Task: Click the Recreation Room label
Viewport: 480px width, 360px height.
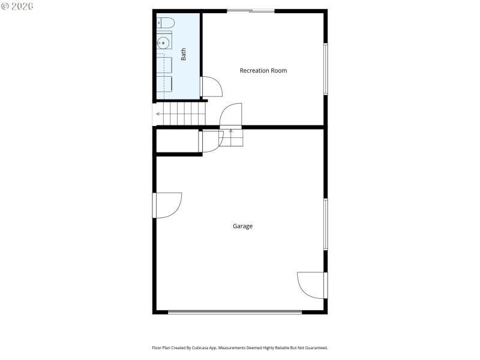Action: pyautogui.click(x=263, y=71)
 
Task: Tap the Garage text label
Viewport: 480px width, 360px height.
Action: pyautogui.click(x=242, y=226)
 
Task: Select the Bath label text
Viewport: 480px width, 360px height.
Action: pyautogui.click(x=184, y=54)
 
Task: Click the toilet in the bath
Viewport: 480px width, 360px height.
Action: pyautogui.click(x=166, y=23)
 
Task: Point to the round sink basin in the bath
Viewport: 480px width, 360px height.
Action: pyautogui.click(x=163, y=43)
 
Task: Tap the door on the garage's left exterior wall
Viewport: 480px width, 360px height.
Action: pyautogui.click(x=167, y=205)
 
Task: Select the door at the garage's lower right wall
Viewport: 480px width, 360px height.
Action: pyautogui.click(x=312, y=285)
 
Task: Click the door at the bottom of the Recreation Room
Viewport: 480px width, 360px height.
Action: pyautogui.click(x=230, y=115)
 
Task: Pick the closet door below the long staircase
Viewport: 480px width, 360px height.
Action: pyautogui.click(x=211, y=142)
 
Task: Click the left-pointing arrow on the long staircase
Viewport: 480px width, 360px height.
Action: pyautogui.click(x=158, y=113)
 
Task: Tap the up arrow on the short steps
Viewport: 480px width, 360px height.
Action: pyautogui.click(x=231, y=131)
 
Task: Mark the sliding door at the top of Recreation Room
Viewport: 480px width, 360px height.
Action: pyautogui.click(x=251, y=10)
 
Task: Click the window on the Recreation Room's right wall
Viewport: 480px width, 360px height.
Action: pyautogui.click(x=326, y=68)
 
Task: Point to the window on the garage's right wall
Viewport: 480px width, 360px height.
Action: pyautogui.click(x=326, y=224)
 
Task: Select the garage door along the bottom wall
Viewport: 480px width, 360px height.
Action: pyautogui.click(x=235, y=312)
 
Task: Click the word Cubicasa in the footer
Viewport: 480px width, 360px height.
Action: pyautogui.click(x=208, y=348)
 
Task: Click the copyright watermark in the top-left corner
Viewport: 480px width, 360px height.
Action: pyautogui.click(x=18, y=6)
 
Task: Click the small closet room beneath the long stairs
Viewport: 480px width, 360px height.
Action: pyautogui.click(x=177, y=141)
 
